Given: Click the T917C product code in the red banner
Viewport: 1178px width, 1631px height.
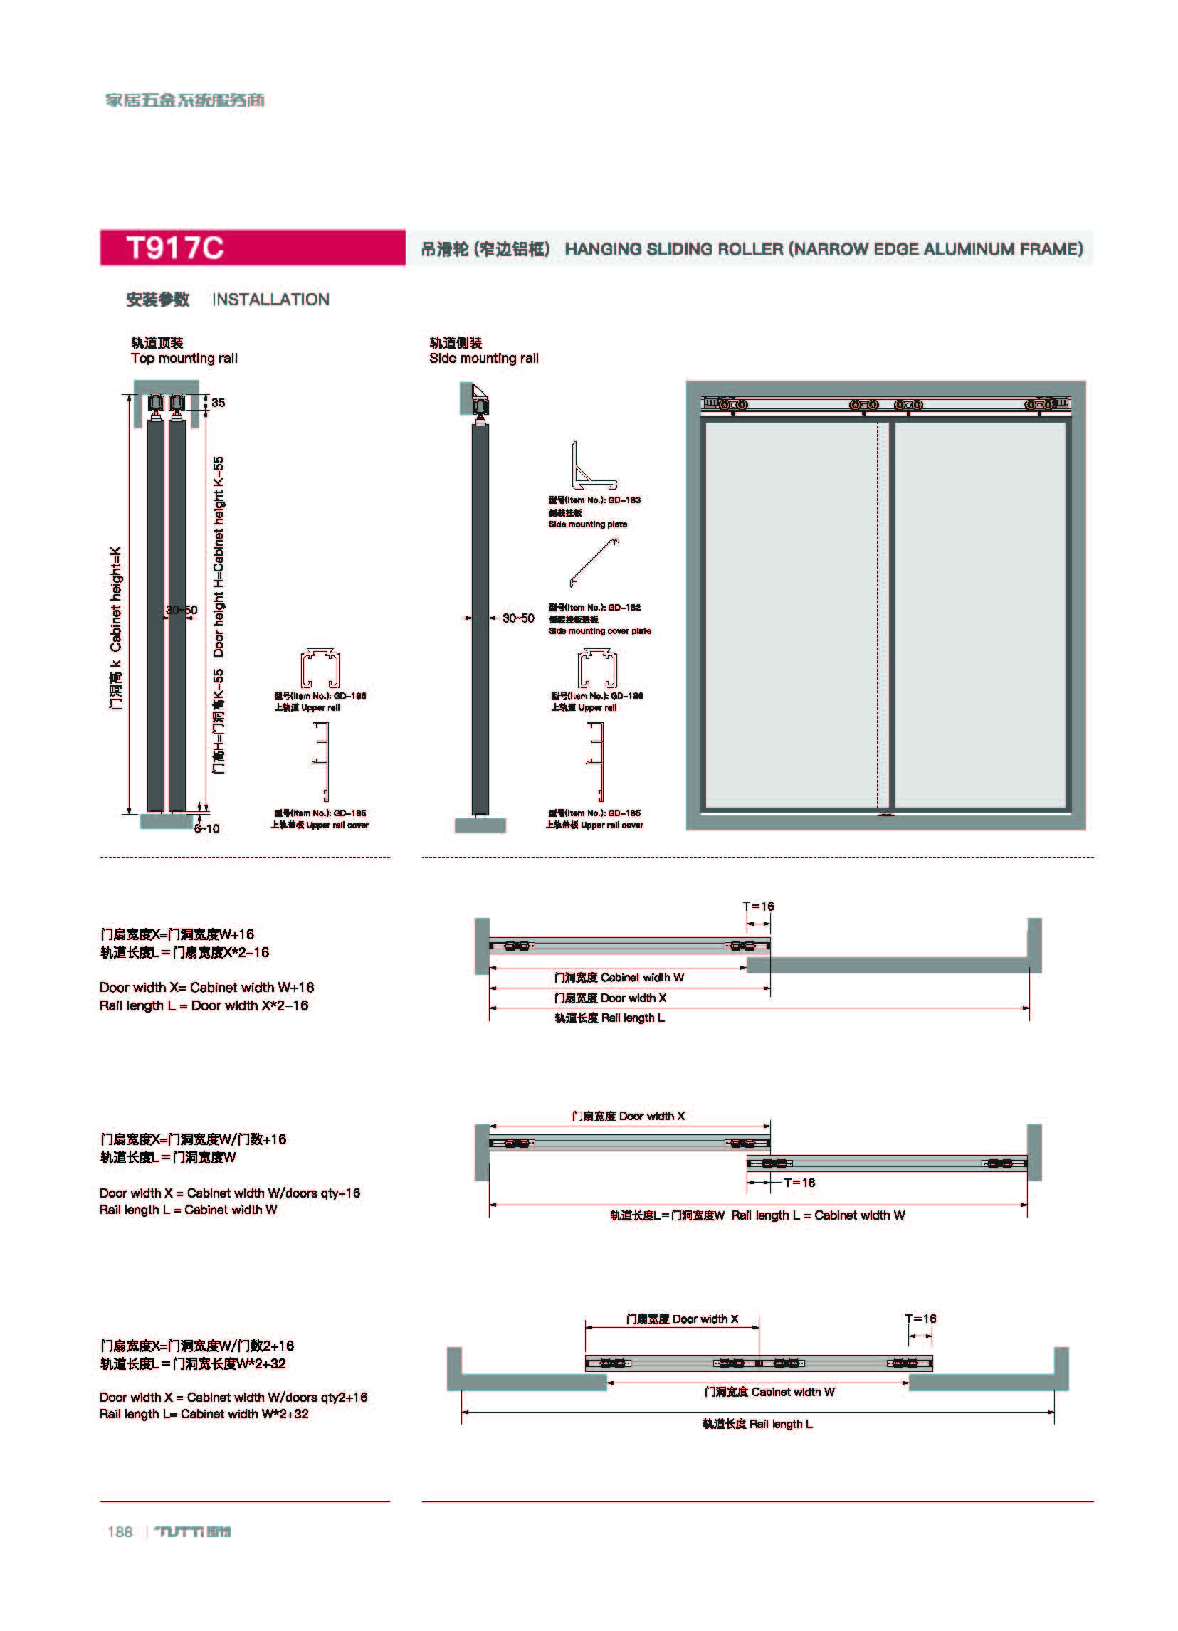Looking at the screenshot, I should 175,248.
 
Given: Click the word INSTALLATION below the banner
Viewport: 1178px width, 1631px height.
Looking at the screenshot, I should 270,300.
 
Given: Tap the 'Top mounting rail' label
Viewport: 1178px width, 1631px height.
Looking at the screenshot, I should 184,358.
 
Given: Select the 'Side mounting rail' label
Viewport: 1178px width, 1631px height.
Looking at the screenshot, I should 483,358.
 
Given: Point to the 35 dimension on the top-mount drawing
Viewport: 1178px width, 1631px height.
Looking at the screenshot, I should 218,403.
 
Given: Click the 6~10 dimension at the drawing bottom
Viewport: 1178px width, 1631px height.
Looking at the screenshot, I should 206,828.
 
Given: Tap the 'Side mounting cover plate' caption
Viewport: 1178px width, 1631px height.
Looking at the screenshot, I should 600,630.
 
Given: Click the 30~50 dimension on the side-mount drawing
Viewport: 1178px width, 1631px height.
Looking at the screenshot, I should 517,618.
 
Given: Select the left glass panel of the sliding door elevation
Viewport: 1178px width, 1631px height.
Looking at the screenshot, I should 791,615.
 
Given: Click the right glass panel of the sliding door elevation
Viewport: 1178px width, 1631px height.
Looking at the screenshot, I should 979,615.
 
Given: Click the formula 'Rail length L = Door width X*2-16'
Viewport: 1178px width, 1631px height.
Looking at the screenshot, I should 204,1005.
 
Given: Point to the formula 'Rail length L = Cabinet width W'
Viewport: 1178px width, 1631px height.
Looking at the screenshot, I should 188,1210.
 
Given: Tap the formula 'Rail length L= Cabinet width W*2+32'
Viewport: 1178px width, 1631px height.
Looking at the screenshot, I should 204,1414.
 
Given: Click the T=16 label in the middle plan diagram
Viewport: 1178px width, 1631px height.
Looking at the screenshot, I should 799,1182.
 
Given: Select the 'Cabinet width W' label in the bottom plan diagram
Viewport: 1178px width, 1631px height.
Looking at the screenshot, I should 769,1392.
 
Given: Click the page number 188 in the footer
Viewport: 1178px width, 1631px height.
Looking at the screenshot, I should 120,1532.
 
